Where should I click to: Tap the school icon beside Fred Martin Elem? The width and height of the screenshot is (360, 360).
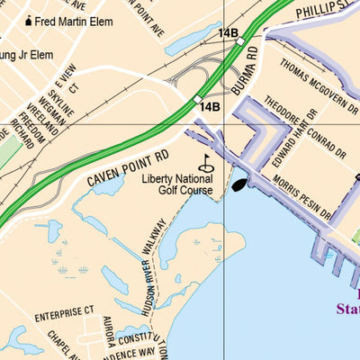29,20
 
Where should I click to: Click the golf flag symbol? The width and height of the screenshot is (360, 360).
206,163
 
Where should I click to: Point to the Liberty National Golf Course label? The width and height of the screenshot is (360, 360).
177,184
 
